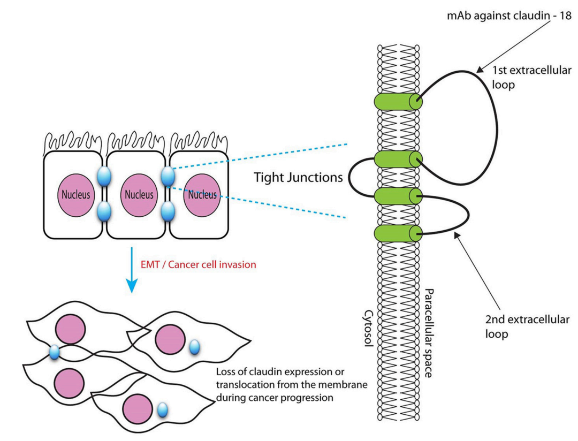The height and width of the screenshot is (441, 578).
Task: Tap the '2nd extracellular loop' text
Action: point(527,327)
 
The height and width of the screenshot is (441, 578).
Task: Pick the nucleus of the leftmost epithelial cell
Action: point(74,194)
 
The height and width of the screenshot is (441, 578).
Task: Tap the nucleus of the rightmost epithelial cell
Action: point(202,194)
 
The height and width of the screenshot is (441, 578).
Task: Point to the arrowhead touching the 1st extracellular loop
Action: point(478,68)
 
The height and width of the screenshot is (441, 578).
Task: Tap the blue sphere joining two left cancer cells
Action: point(55,352)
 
